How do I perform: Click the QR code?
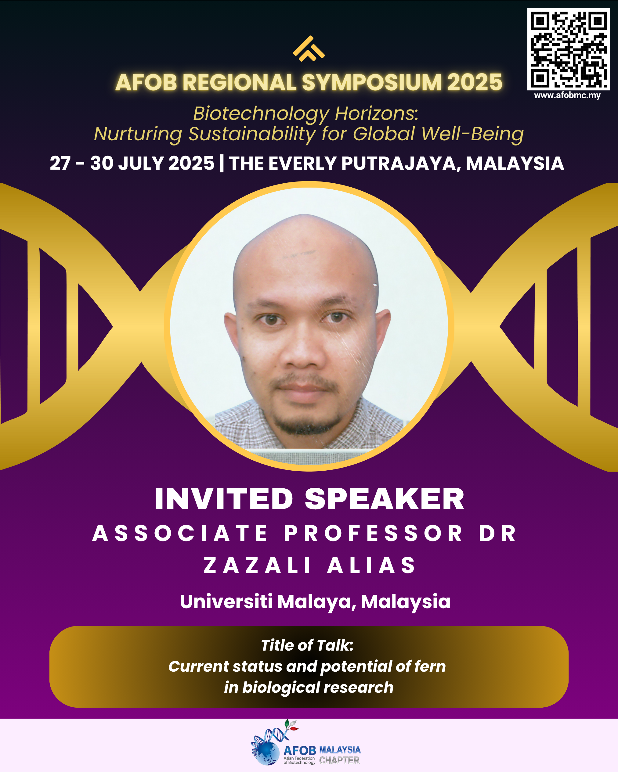tap(568, 49)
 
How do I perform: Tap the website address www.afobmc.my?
tap(567, 95)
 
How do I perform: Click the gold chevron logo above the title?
tap(309, 49)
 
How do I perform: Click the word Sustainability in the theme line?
tap(252, 134)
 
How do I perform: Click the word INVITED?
tap(224, 499)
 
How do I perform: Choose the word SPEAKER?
tap(385, 499)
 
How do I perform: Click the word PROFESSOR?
tap(373, 533)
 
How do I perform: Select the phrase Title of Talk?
tap(307, 645)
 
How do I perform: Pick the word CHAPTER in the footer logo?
tap(339, 760)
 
